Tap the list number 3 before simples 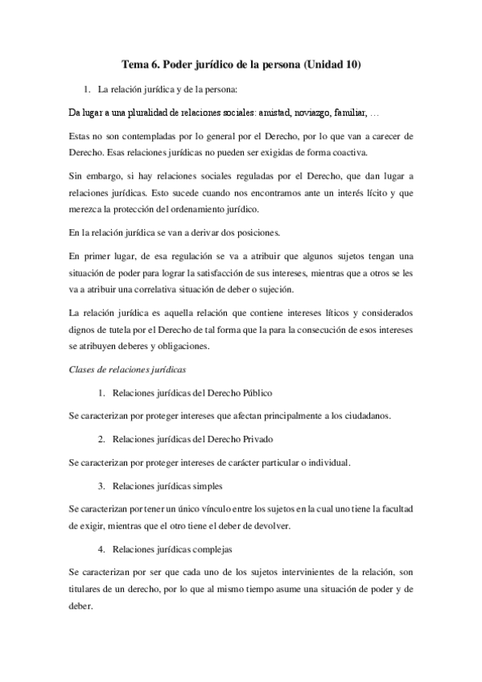101,486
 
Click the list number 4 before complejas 101,548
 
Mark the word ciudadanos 365,416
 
